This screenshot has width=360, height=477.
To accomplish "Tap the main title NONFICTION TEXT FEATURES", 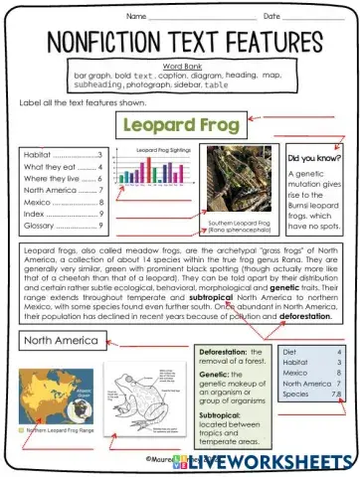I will click(180, 43).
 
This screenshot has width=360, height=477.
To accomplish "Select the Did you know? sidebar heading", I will click(314, 158).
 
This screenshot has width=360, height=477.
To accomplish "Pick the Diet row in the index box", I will click(289, 352).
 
